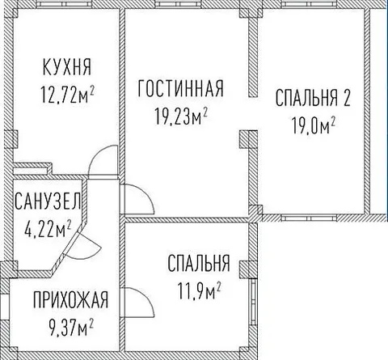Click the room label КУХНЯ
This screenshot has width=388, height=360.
point(67,67)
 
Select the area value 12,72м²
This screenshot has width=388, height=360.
point(67,95)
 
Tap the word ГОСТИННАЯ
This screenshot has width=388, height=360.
point(180,88)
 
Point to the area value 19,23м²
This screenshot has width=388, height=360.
point(181,116)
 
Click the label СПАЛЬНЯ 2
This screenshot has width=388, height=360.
point(313,98)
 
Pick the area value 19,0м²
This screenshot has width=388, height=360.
point(314,125)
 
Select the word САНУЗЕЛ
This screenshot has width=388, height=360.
point(48,201)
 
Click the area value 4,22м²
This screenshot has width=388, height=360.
point(48,228)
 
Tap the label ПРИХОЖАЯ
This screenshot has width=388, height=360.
point(70,299)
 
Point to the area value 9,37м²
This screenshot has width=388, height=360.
point(71,327)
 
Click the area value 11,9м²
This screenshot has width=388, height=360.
point(199,290)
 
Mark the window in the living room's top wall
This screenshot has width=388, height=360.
point(178,4)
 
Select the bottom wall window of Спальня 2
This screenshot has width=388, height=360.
point(310,218)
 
